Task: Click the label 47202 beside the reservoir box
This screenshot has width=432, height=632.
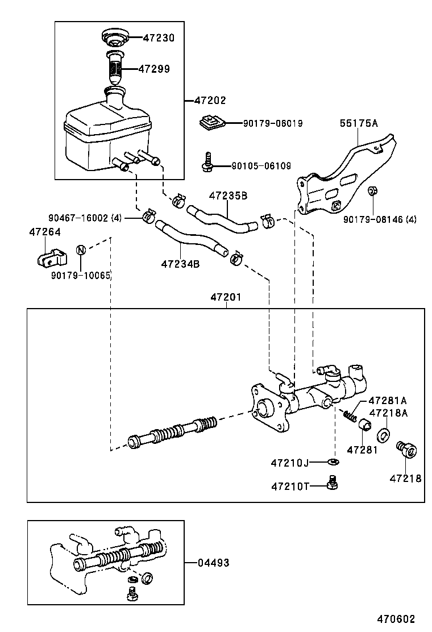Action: pos(210,101)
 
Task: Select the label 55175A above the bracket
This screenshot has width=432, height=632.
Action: pos(359,122)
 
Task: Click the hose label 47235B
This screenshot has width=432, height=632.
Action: pos(228,196)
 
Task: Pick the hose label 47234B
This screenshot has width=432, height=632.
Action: pos(180,264)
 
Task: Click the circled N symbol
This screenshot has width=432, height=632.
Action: pos(81,250)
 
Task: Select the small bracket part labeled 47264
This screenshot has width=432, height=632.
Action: pos(47,258)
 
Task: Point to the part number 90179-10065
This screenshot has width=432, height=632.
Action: pos(81,275)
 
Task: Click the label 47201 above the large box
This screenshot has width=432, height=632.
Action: pos(226,297)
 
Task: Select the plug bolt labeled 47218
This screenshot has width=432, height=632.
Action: pos(406,450)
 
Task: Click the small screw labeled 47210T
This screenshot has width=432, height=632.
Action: pos(333,483)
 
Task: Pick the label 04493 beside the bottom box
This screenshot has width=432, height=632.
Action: pos(213,563)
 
